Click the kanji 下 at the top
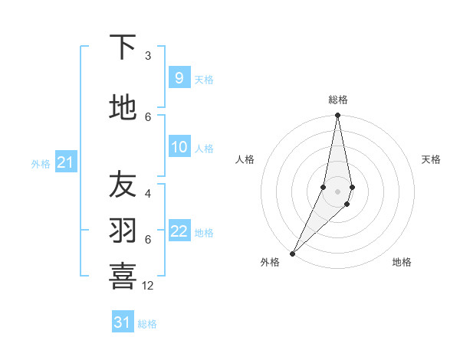[123, 47]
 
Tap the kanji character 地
[123, 108]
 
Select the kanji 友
[123, 184]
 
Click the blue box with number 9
[179, 78]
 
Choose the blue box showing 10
[179, 147]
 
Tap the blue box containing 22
[179, 232]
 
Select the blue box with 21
[66, 162]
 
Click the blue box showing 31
[123, 322]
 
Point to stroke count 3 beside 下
[148, 55]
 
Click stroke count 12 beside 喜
[148, 286]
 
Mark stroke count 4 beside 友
[148, 193]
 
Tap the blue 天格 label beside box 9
[204, 80]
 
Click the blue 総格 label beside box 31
[147, 324]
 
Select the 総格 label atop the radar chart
[337, 100]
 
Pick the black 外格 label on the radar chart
[270, 262]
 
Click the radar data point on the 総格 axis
[337, 116]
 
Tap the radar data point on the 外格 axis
[292, 253]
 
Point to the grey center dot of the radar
[337, 191]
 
